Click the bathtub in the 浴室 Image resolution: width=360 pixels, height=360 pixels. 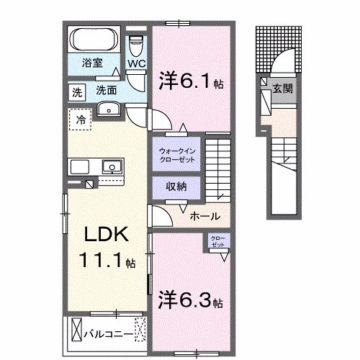point(94,37)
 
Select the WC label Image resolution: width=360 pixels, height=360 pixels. point(136,64)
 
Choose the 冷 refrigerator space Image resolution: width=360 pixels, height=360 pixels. point(81,119)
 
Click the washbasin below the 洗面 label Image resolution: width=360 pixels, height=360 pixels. point(110,109)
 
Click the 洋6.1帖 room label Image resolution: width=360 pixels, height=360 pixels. point(190,80)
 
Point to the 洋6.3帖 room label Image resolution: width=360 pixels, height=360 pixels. point(190,297)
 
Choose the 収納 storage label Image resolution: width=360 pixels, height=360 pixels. point(176,186)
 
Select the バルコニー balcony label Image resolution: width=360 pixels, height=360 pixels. point(108,335)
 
